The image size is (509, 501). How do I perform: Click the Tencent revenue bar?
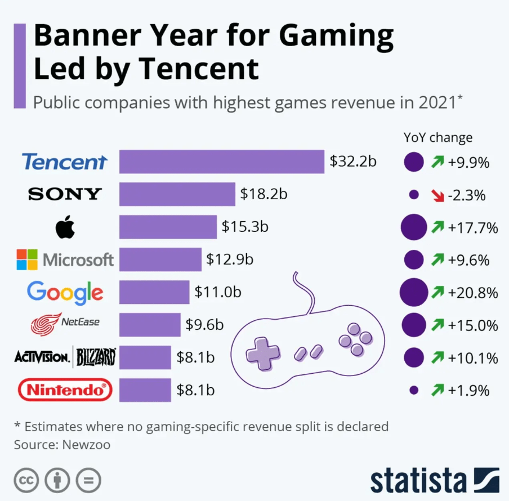[x=222, y=162]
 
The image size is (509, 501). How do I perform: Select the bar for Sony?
[x=177, y=194]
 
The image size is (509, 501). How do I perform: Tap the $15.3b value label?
[x=245, y=227]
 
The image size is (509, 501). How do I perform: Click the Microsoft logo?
[x=65, y=260]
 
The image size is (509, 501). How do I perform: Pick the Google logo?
[x=65, y=292]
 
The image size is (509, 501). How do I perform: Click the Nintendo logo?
[x=65, y=390]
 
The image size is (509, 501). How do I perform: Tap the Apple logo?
[x=65, y=227]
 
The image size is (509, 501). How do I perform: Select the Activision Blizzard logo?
[x=65, y=357]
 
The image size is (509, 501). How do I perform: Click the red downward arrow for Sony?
[x=437, y=195]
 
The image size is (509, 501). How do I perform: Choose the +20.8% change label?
[x=473, y=293]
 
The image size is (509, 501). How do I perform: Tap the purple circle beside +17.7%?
[x=414, y=228]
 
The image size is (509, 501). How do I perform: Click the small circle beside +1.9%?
[x=414, y=390]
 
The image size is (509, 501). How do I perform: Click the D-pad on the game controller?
[x=262, y=354]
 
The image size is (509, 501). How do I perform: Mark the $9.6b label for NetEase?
[x=205, y=325]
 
